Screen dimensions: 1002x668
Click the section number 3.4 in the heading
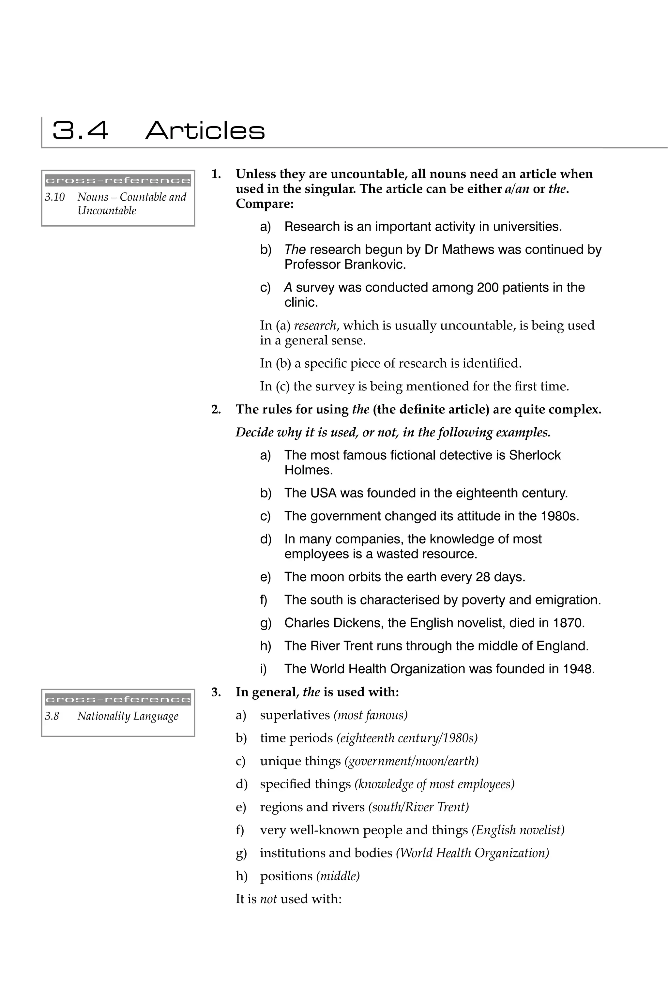80,130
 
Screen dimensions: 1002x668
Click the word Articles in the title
205,130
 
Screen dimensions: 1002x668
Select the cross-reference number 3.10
55,197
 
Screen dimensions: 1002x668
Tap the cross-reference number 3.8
52,716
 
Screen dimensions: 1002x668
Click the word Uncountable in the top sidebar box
107,210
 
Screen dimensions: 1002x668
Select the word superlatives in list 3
295,715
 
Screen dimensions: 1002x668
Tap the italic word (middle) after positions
338,876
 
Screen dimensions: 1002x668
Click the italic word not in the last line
268,899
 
